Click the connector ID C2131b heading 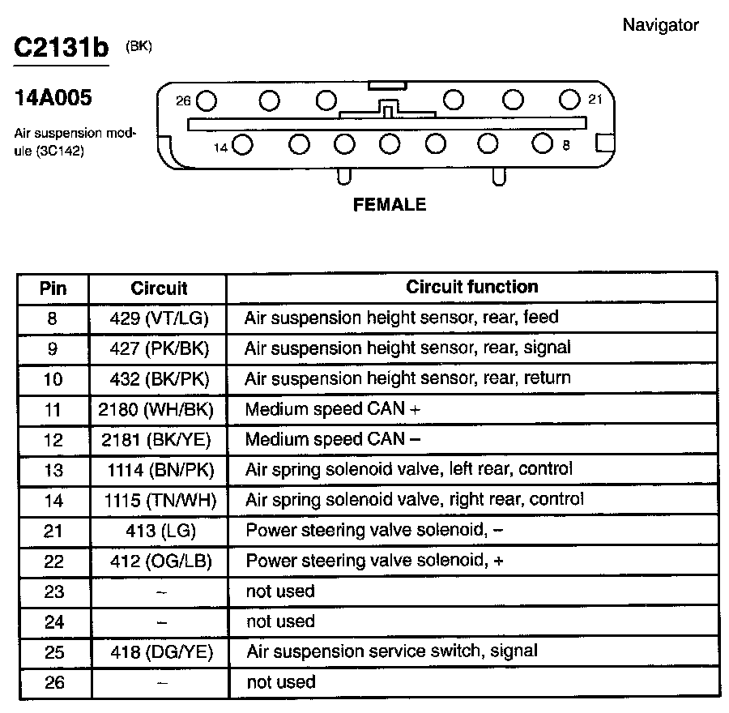coord(61,49)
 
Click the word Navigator coord(660,24)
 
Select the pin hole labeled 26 coord(207,101)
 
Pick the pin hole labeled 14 coord(242,146)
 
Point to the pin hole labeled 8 coord(542,144)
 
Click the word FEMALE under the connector coord(390,205)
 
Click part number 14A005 coord(53,99)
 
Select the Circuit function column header coord(471,287)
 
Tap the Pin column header coord(53,288)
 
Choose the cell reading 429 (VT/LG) coord(160,318)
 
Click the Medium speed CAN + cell coord(333,409)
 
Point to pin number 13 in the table coord(53,470)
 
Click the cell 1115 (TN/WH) coord(160,500)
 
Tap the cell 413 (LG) coord(160,531)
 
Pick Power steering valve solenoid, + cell coord(374,561)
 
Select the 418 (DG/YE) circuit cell coord(160,651)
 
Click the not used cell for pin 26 coord(280,682)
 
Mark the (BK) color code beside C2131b coord(139,46)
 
